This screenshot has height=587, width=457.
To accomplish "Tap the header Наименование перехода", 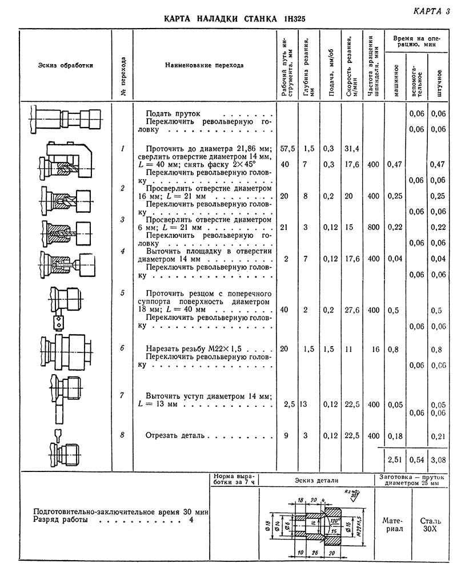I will pos(204,65).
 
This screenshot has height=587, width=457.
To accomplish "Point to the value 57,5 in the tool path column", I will pos(288,149).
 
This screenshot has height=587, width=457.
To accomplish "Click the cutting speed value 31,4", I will pos(352,149).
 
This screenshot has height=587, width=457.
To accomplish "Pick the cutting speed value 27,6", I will pos(352,310).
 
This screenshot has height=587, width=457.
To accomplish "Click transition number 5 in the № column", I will pos(122,293).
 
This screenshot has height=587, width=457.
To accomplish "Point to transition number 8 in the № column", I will pos(122,436).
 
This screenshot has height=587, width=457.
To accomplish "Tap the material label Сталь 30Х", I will pos(433,525).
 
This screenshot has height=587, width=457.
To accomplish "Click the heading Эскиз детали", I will pos(316,481).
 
